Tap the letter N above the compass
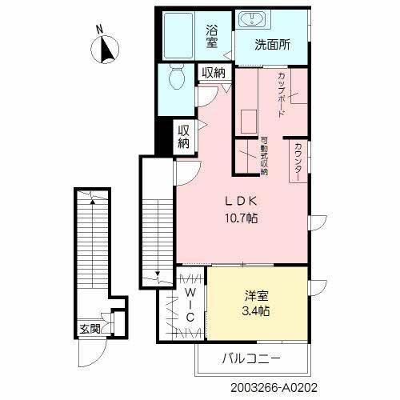98,30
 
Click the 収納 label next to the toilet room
213,73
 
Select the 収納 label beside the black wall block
184,138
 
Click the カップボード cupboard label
282,95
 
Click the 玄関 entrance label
90,328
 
